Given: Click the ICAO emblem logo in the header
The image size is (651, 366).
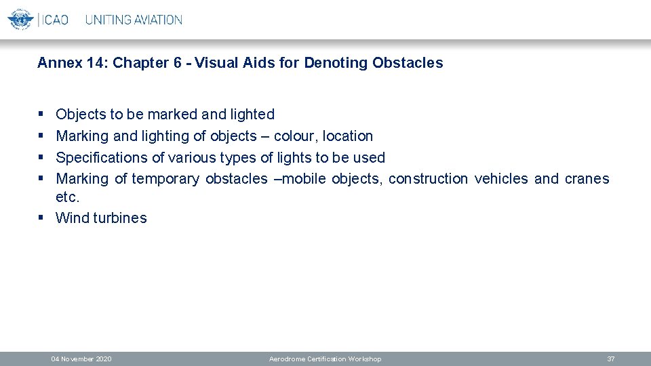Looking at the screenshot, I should click(x=20, y=19).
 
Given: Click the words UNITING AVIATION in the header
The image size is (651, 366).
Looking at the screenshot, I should click(x=134, y=20).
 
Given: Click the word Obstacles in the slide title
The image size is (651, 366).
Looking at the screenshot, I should click(x=408, y=63).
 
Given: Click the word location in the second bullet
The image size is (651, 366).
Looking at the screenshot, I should click(x=348, y=136).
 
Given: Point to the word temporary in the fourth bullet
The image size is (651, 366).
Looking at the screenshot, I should click(x=165, y=179).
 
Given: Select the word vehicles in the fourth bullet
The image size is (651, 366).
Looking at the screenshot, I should click(x=501, y=179).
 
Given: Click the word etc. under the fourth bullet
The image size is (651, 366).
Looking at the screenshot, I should click(x=68, y=197).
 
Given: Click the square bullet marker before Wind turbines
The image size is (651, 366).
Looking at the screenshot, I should click(x=41, y=218).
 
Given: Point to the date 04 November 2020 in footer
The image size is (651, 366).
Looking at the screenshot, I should click(x=81, y=359).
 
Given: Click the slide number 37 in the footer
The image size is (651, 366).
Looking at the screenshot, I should click(x=610, y=359).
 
